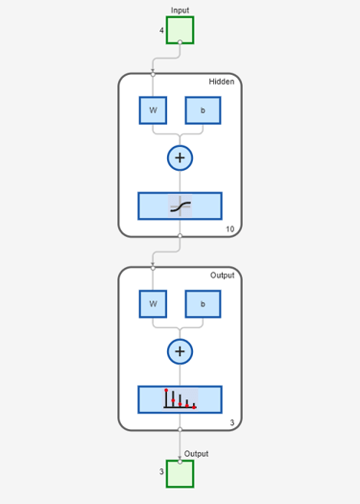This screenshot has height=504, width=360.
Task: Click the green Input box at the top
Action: click(x=180, y=30)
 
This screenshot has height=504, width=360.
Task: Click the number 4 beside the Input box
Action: click(x=161, y=30)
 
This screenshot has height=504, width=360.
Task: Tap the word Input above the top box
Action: click(x=180, y=11)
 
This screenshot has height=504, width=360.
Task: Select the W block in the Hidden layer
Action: click(x=153, y=110)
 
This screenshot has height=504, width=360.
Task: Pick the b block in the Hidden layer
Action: click(x=203, y=110)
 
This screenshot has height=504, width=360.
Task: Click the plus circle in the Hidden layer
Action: click(x=180, y=157)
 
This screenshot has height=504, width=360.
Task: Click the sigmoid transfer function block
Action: click(x=180, y=206)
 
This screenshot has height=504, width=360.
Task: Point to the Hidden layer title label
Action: click(x=222, y=82)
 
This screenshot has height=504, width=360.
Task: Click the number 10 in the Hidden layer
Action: click(x=229, y=228)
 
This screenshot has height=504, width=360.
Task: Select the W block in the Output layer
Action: click(x=153, y=304)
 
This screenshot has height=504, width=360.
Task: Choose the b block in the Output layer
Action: click(x=203, y=304)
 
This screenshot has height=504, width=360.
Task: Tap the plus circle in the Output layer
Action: click(x=180, y=351)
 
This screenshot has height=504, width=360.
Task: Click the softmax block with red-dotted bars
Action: click(x=180, y=399)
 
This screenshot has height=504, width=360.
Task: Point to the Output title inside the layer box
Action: click(x=222, y=276)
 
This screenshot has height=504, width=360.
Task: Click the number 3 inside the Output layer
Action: click(x=232, y=422)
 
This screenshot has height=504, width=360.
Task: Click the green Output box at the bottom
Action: click(x=180, y=474)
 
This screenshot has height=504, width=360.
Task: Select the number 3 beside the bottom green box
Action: click(x=161, y=471)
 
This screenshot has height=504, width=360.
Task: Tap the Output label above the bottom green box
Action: click(x=197, y=454)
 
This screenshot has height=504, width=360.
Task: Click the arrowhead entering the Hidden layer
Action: click(x=153, y=70)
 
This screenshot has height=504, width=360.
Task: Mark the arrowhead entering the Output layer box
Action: click(x=153, y=264)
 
